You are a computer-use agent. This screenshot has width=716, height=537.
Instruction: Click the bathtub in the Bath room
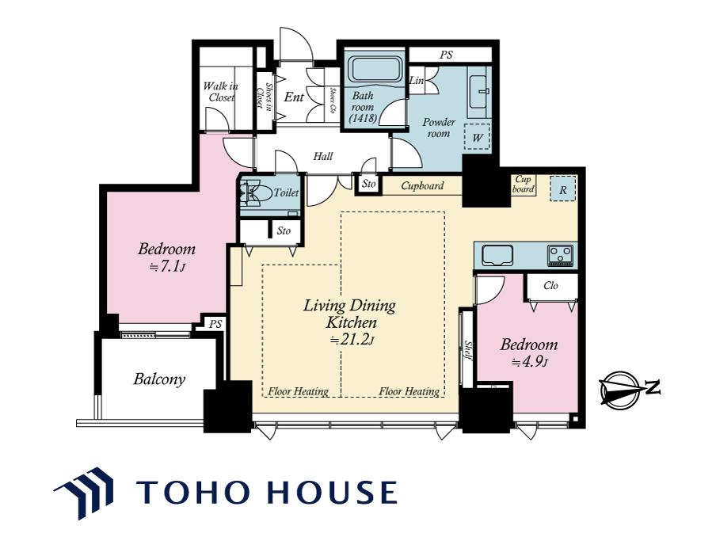[375, 70]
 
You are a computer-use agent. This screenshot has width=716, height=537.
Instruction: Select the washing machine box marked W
[477, 137]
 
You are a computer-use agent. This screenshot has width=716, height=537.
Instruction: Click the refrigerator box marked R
[562, 189]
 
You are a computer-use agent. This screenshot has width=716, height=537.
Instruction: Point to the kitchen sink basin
[497, 255]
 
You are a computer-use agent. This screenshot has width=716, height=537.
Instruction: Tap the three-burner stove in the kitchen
[560, 255]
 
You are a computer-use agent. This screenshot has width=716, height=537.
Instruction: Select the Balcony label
[159, 379]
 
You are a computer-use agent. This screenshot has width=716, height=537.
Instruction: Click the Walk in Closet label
[221, 91]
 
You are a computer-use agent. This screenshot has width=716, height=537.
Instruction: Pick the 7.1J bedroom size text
[168, 267]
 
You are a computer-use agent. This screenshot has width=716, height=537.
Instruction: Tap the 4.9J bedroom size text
[530, 362]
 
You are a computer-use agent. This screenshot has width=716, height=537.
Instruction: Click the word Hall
[323, 156]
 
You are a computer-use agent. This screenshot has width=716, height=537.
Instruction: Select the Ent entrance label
[294, 97]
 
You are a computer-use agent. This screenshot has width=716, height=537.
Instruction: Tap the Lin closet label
[417, 81]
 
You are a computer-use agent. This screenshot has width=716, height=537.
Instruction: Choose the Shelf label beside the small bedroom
[468, 350]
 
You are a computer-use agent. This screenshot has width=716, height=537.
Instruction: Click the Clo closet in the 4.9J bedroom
[551, 287]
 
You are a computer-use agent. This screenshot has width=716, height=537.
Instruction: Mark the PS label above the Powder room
[447, 55]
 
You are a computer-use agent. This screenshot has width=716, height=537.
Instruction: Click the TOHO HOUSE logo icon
[84, 493]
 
